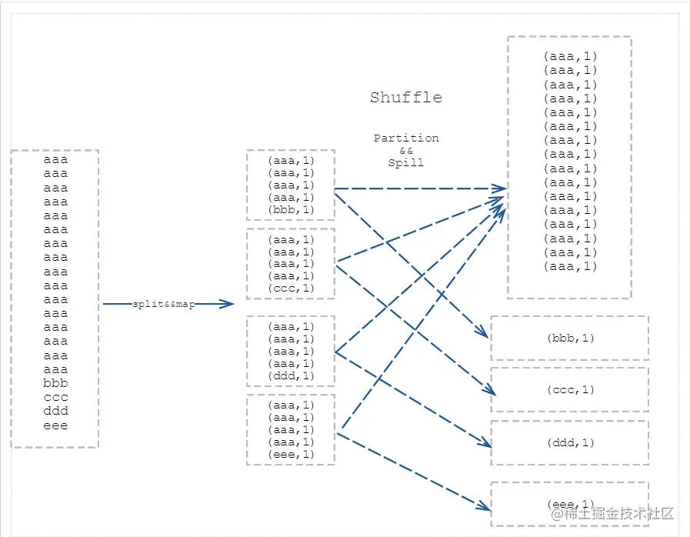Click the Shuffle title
405,98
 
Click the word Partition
406,138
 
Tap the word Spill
406,163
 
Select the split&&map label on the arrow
164,305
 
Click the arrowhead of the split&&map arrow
228,305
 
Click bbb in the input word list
55,383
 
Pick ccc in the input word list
55,397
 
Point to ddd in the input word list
55,411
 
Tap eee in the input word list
55,425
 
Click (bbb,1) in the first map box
291,210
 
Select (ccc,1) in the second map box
291,289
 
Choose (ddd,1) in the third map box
291,376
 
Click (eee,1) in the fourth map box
291,455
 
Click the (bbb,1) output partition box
569,338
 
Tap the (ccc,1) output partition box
569,390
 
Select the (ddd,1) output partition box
569,442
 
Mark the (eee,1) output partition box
569,503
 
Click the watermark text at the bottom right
611,513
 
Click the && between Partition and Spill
406,151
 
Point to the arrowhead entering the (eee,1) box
486,508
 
